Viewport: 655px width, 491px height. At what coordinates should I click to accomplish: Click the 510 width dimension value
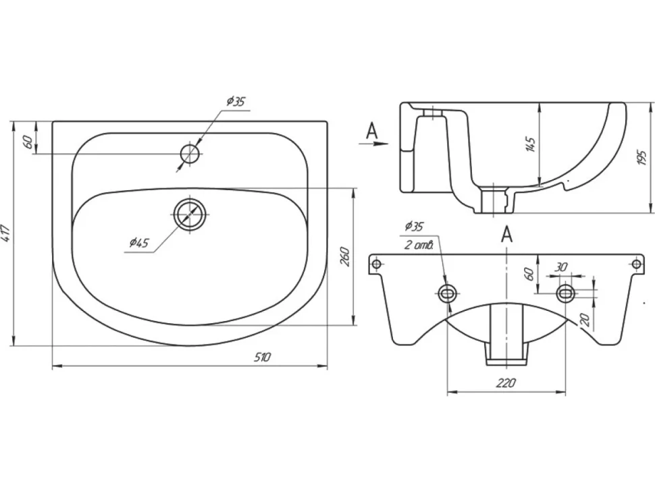tap(262, 357)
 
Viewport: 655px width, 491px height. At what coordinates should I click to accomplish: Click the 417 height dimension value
tap(6, 233)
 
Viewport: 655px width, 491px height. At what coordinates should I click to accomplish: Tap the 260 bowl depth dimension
tap(344, 256)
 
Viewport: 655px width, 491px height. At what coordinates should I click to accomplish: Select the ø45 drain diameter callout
tap(139, 242)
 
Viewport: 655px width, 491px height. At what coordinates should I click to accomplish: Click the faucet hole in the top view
tap(191, 154)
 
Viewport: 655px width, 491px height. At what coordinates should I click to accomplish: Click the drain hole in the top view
tap(190, 214)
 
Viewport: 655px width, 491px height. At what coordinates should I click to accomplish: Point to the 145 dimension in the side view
tap(531, 144)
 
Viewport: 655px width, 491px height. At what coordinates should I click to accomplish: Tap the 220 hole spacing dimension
tap(506, 382)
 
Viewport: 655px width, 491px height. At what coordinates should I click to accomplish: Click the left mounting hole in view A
tap(448, 293)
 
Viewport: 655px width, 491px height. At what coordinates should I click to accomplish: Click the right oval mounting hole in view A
tap(565, 293)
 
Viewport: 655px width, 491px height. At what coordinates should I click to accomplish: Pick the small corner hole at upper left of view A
tap(376, 264)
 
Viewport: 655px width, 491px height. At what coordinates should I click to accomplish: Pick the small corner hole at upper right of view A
tap(636, 264)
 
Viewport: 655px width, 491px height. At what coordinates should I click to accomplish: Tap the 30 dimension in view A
tap(561, 267)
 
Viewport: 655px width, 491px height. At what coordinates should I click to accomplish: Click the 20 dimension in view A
tap(585, 320)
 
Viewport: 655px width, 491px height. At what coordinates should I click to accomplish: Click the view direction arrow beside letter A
tap(373, 144)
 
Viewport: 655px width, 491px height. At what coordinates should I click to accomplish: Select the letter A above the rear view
tap(506, 234)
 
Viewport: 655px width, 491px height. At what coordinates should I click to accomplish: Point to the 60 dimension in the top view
tap(28, 142)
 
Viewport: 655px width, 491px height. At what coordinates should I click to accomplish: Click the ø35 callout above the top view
tap(236, 101)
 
